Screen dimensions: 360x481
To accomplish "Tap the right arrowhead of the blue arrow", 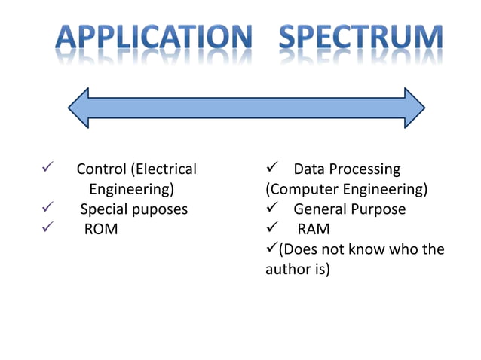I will pos(414,108).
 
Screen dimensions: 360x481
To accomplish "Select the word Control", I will pos(102,169).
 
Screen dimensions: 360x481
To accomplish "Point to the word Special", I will pos(104,209).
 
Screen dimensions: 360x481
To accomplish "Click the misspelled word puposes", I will pos(160,209).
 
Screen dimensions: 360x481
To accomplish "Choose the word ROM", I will pos(100,229).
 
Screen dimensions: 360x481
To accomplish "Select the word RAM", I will pos(314,229).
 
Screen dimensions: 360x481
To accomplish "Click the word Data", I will pos(308,169).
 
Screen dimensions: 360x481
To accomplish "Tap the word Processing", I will pos(364,169).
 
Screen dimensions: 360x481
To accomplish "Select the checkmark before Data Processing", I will pos(273,169).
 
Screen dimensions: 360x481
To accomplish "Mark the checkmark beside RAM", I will pos(273,229).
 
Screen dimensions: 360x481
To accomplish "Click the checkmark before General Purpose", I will pos(273,209).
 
